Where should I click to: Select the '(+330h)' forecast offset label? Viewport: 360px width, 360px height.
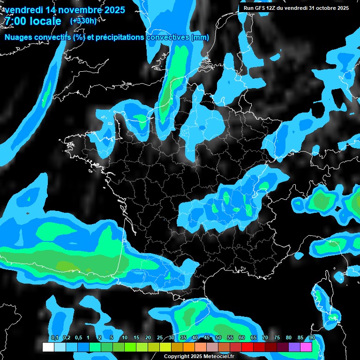tap(84, 21)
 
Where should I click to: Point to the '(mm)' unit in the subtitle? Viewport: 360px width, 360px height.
tap(200, 37)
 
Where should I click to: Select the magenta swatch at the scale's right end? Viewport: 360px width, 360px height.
tap(306, 347)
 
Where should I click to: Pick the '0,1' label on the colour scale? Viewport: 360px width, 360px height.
tap(54, 338)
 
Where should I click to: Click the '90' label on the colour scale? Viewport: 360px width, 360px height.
tap(312, 338)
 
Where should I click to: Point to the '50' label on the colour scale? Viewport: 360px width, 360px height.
tap(218, 338)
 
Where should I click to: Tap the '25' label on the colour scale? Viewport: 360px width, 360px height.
tap(160, 338)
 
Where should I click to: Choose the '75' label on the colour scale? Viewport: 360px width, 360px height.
tap(277, 338)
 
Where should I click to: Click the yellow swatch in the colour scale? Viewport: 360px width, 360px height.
tap(165, 347)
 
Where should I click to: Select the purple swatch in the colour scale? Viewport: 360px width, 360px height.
tap(294, 347)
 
